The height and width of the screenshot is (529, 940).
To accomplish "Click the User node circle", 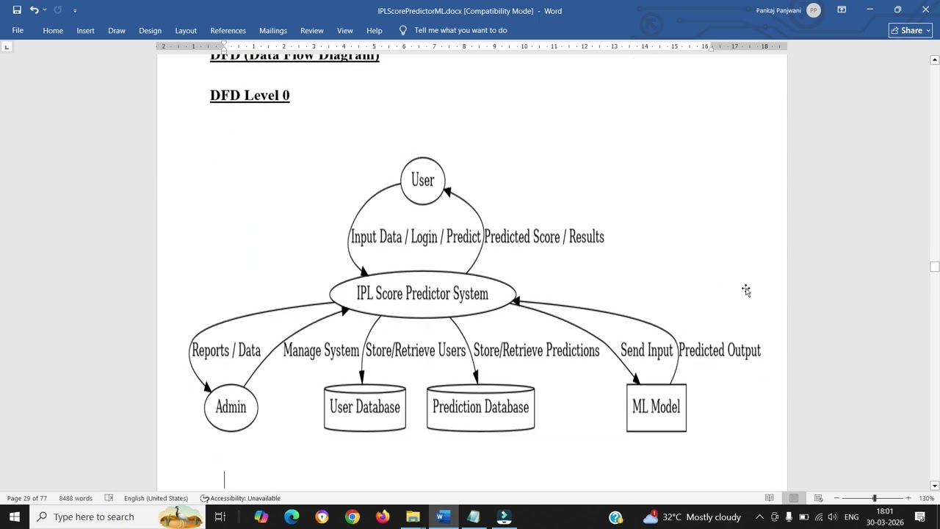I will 422,181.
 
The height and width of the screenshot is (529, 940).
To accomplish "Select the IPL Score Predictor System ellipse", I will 422,294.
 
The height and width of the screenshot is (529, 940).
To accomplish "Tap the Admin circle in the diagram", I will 231,408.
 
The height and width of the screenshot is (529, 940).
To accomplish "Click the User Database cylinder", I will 365,408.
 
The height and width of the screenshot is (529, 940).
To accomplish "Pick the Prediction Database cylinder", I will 480,408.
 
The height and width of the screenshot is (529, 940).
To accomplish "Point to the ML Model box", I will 656,408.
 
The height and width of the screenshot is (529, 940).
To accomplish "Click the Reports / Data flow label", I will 226,350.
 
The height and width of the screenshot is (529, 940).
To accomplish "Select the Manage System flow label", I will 321,350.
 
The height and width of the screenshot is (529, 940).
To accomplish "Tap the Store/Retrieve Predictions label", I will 536,350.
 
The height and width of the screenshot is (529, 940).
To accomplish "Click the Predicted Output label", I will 719,350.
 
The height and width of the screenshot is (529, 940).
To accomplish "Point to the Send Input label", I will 646,350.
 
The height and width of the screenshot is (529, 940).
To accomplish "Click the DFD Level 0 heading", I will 250,96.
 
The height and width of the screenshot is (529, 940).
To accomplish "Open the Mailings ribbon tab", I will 272,30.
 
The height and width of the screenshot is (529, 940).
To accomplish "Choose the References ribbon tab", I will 228,30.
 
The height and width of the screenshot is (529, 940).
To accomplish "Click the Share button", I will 910,30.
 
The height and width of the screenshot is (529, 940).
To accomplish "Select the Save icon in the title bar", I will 17,10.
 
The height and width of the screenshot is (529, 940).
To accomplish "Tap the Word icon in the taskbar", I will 442,517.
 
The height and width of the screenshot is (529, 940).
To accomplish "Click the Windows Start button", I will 15,517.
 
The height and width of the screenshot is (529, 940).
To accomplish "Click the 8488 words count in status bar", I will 76,498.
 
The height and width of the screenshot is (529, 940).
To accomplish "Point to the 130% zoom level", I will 925,498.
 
